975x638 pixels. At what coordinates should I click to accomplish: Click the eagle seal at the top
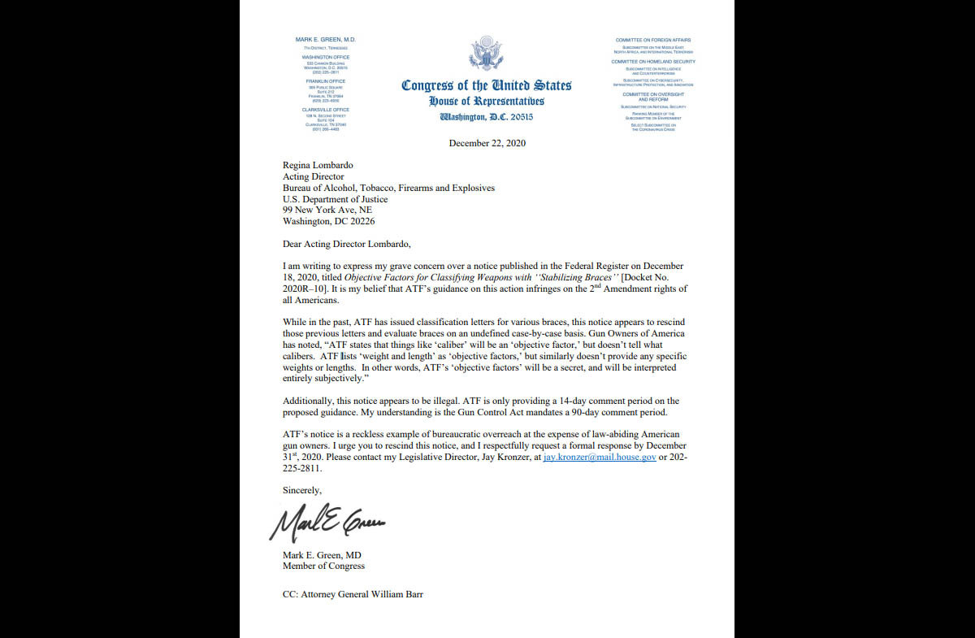[486, 54]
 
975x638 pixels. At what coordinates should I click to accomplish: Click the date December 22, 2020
[487, 143]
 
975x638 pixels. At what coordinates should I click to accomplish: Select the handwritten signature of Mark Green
[327, 524]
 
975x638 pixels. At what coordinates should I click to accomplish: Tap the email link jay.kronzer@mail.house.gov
[600, 458]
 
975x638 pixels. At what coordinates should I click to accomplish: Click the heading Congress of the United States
[486, 85]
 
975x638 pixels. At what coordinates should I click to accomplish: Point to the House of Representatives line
[487, 102]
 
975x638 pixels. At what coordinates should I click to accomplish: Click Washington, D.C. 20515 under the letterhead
[487, 117]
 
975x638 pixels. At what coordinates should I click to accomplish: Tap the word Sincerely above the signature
[301, 490]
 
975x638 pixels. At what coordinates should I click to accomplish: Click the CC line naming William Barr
[353, 594]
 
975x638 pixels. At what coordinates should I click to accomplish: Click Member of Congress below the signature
[323, 566]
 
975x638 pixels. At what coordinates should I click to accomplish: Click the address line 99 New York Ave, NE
[327, 210]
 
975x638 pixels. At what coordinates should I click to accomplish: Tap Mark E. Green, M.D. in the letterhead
[325, 40]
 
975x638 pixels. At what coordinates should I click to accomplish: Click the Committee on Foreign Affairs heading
[653, 40]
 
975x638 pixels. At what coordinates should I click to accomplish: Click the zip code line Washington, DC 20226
[328, 221]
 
